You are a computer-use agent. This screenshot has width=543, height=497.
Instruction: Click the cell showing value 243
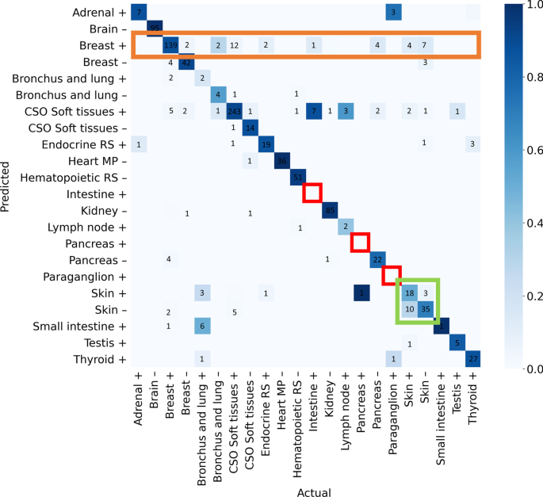(x=234, y=110)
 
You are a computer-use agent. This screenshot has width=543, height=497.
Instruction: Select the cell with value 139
(x=170, y=45)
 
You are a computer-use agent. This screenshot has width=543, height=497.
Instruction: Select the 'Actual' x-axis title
(x=314, y=492)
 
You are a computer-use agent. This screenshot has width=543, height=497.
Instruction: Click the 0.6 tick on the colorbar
(x=527, y=149)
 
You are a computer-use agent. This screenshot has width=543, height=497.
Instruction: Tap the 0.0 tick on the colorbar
(x=527, y=369)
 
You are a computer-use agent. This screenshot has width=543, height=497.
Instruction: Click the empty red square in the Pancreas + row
(x=361, y=243)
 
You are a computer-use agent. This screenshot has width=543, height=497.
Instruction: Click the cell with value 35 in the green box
(x=426, y=308)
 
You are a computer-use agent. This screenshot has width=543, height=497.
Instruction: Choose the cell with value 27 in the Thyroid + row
(x=473, y=359)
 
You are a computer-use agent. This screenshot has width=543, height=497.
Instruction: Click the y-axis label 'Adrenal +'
(x=98, y=13)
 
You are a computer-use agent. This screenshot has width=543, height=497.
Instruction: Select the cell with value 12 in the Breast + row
(x=234, y=45)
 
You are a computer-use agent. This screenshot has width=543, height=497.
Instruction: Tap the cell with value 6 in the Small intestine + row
(x=202, y=326)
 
